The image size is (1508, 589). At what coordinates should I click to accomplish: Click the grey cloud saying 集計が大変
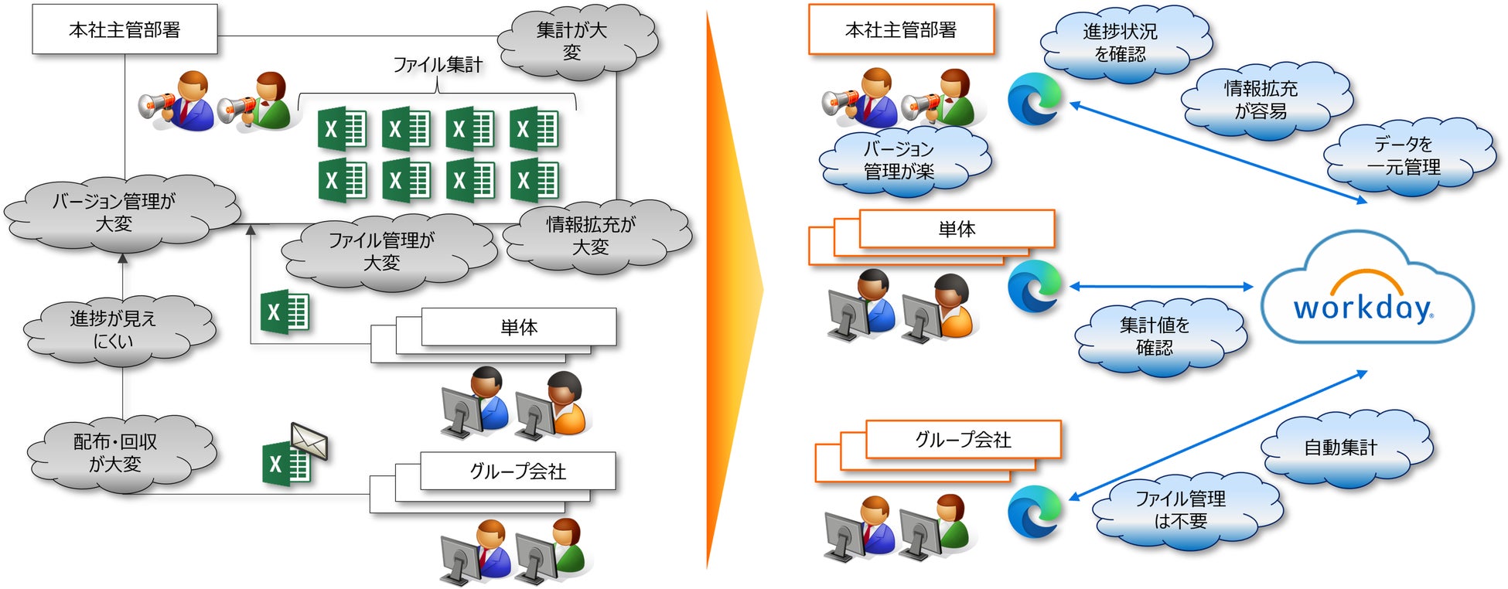pyautogui.click(x=573, y=41)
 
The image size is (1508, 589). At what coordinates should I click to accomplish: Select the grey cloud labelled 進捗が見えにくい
pyautogui.click(x=114, y=329)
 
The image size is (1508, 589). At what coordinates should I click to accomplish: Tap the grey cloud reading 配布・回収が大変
pyautogui.click(x=116, y=453)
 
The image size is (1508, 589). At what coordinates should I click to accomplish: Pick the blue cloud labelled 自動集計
pyautogui.click(x=1341, y=448)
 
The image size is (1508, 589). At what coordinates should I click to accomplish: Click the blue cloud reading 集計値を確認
pyautogui.click(x=1155, y=337)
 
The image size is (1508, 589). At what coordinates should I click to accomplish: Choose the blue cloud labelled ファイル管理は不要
pyautogui.click(x=1181, y=510)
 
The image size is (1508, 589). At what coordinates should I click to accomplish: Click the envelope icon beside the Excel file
pyautogui.click(x=309, y=441)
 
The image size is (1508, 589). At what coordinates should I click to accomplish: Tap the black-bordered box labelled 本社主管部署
pyautogui.click(x=125, y=29)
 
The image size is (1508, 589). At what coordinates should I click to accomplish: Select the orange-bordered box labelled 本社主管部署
pyautogui.click(x=901, y=29)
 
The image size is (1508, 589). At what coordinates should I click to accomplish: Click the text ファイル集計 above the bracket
pyautogui.click(x=438, y=65)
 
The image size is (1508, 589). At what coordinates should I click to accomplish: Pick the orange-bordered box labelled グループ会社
pyautogui.click(x=963, y=439)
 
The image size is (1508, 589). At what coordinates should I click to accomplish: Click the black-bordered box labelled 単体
pyautogui.click(x=519, y=327)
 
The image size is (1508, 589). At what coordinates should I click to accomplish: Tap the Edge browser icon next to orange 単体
pyautogui.click(x=1035, y=287)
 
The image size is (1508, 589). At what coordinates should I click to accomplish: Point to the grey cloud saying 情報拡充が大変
pyautogui.click(x=592, y=236)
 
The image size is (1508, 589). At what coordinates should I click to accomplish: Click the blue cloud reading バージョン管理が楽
pyautogui.click(x=899, y=160)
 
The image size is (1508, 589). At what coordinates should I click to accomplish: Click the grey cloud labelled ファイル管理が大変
pyautogui.click(x=383, y=251)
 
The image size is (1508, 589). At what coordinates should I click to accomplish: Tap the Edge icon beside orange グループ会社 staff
pyautogui.click(x=1035, y=511)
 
